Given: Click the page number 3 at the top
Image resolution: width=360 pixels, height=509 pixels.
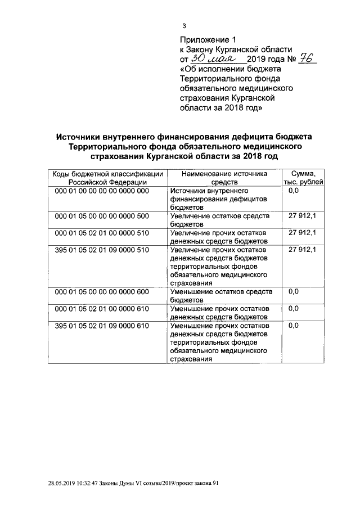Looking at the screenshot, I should (183, 26).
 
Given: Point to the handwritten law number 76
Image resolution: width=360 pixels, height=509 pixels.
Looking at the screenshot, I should (306, 58).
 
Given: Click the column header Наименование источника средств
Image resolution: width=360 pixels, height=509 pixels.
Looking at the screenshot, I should (224, 178).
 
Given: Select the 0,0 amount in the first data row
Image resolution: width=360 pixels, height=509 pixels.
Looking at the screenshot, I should (293, 191).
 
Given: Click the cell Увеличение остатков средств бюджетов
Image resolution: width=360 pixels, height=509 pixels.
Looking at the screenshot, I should (220, 220).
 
